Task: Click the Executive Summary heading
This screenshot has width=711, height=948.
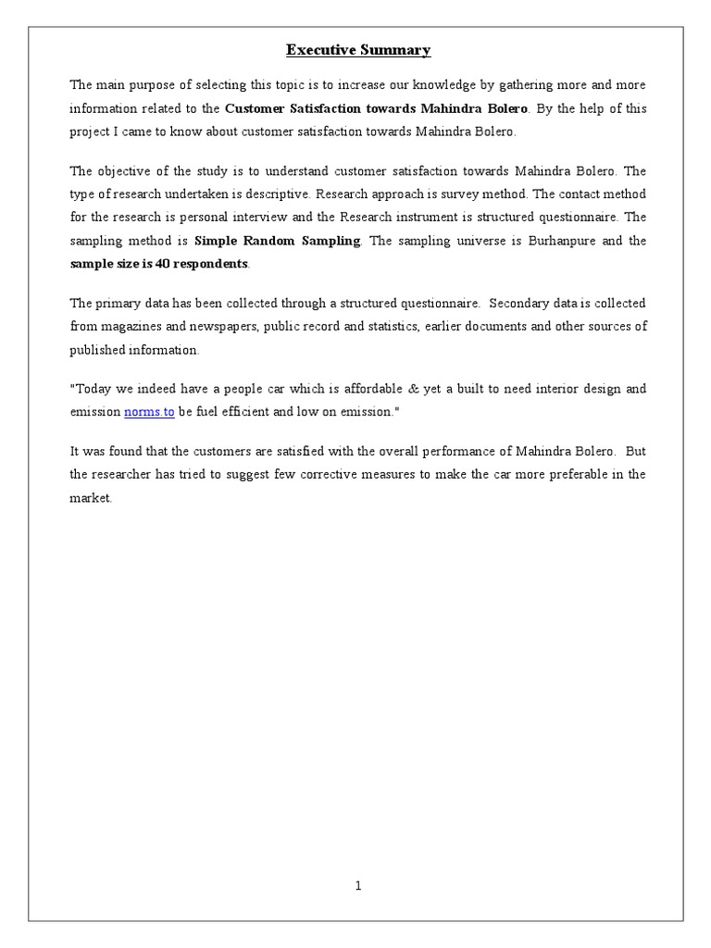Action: (358, 50)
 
